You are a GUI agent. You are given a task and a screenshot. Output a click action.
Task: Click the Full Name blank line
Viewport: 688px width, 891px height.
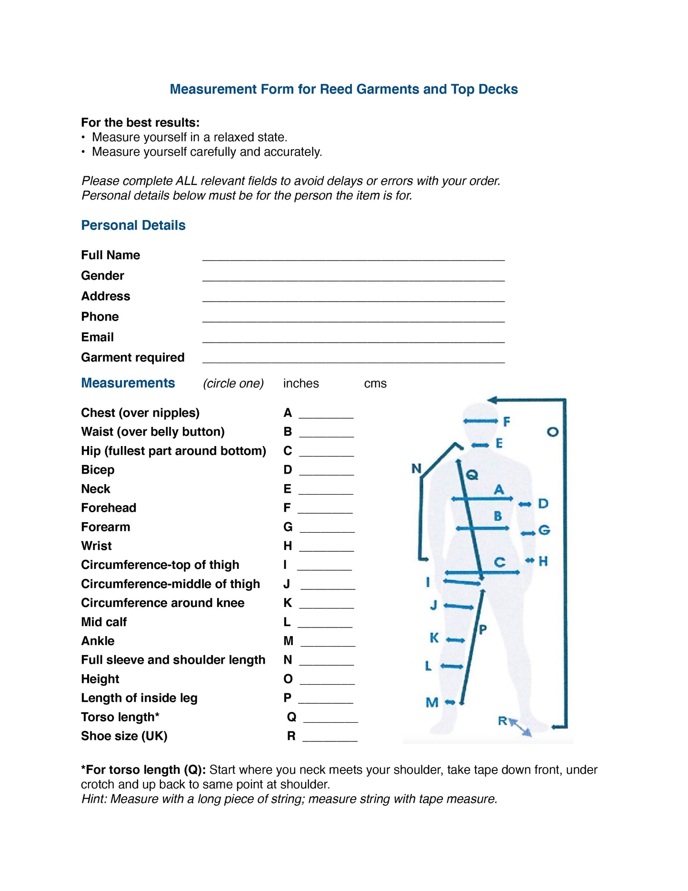point(353,257)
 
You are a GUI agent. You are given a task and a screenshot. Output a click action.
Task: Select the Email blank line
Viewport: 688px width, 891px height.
point(353,339)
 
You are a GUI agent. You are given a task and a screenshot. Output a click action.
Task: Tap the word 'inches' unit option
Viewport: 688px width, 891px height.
point(301,384)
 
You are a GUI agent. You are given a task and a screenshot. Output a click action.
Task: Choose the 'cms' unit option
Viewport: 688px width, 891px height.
point(375,384)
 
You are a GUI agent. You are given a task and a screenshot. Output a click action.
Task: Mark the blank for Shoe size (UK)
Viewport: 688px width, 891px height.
point(330,738)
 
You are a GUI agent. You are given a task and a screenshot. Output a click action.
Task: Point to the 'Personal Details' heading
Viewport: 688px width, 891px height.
point(133,225)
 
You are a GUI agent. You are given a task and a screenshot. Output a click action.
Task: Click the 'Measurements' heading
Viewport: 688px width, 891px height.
point(128,383)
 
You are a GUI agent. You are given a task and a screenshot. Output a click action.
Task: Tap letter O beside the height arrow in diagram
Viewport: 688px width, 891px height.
point(552,432)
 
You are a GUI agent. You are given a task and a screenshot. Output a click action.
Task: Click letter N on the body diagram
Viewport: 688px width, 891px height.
point(417,469)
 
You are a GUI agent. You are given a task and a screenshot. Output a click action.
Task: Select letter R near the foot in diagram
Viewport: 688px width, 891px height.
point(503,721)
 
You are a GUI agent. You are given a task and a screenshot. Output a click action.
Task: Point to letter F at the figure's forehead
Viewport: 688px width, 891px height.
point(507,421)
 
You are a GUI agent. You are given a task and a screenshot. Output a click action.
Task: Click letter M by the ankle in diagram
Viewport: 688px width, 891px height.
point(432,702)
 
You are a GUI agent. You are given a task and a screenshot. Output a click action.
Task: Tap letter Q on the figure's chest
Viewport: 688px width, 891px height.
point(471,475)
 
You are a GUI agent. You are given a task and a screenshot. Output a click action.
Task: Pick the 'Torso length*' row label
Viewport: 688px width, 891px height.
point(120,717)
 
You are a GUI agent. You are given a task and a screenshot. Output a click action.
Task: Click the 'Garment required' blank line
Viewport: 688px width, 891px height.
point(353,360)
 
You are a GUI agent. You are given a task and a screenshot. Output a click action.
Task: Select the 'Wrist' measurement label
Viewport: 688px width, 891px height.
point(96,546)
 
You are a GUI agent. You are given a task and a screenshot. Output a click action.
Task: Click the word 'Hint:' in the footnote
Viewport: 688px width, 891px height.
point(95,799)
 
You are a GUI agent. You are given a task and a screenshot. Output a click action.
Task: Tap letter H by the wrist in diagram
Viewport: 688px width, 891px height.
point(543,561)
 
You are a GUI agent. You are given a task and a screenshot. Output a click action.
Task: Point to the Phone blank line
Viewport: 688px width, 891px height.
point(353,319)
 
